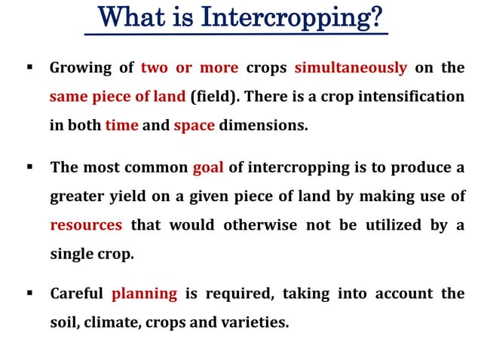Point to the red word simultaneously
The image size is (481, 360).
pos(351,68)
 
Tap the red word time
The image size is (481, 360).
pos(121,126)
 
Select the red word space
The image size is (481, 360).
pos(194,126)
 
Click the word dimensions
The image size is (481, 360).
pos(265,126)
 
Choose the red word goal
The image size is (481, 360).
pos(208,167)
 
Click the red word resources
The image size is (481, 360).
pos(86,224)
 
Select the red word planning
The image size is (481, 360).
pos(144,293)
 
